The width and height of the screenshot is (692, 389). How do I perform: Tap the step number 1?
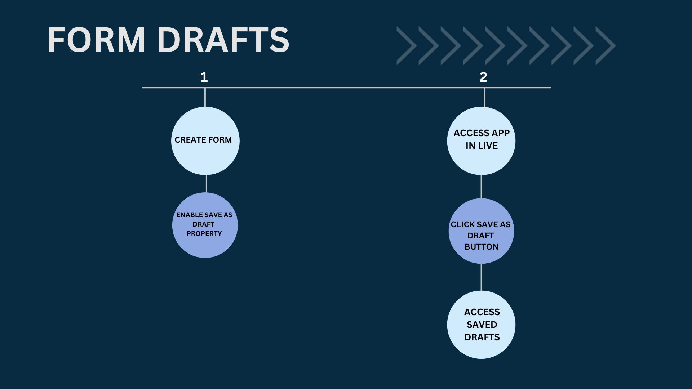click(x=204, y=77)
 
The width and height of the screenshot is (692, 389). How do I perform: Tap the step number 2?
click(x=483, y=77)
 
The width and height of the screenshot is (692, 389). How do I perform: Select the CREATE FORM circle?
click(x=205, y=141)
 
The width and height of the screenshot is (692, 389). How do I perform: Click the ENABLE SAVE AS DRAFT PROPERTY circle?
click(x=205, y=225)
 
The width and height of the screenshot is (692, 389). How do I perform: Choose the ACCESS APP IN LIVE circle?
click(x=481, y=141)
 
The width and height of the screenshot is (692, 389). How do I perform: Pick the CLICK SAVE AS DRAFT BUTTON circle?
click(x=481, y=231)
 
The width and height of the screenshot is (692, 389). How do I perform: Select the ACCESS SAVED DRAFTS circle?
click(x=481, y=325)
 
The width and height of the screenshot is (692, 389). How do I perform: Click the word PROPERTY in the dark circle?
click(x=204, y=234)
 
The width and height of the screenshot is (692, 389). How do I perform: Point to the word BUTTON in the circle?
click(x=481, y=247)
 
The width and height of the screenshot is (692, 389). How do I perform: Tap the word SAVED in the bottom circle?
click(x=482, y=325)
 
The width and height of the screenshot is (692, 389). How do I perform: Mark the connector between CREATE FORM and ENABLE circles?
click(x=206, y=184)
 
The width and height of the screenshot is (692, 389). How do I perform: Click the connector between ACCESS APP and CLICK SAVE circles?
click(x=481, y=187)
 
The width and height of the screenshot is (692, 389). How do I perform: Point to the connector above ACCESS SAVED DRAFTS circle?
click(x=481, y=277)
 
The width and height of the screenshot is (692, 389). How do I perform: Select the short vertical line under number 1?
click(x=205, y=97)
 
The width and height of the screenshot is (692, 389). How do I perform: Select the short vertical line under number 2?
click(x=484, y=97)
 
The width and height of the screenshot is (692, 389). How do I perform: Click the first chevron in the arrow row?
click(x=407, y=46)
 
